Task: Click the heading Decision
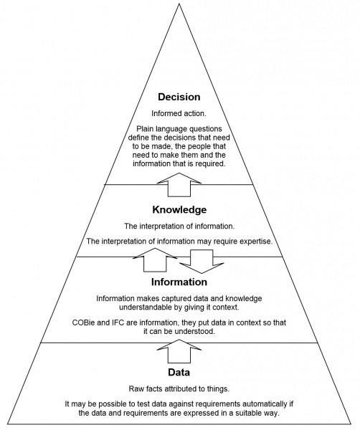[179, 97]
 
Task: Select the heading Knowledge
[179, 210]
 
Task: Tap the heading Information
[179, 282]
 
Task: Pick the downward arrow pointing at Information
[203, 262]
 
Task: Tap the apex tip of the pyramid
[179, 3]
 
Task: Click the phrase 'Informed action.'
[179, 113]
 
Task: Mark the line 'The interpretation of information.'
[179, 226]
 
